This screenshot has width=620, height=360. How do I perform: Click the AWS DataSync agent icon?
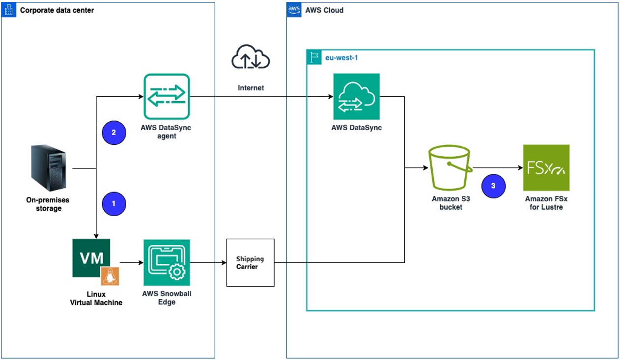pos(167,96)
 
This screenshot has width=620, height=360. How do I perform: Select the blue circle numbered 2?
pos(114,133)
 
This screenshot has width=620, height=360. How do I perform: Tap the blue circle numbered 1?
pos(114,203)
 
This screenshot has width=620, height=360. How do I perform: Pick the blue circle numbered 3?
pos(493,186)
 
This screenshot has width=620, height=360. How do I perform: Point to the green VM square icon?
pos(91,258)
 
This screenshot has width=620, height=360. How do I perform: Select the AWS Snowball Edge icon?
pos(167,263)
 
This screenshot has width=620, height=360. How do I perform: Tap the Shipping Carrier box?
pos(250,263)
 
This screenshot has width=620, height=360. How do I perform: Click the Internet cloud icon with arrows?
pos(251,57)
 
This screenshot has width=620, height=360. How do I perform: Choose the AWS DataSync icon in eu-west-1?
pos(356,96)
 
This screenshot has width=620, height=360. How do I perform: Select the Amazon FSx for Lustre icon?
pos(546,167)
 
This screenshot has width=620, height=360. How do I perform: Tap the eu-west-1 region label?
pos(339,57)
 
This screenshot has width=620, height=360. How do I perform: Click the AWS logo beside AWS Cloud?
pos(294,10)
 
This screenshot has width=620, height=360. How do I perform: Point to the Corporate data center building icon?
pos(9,10)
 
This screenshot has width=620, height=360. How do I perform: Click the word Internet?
pos(251,88)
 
